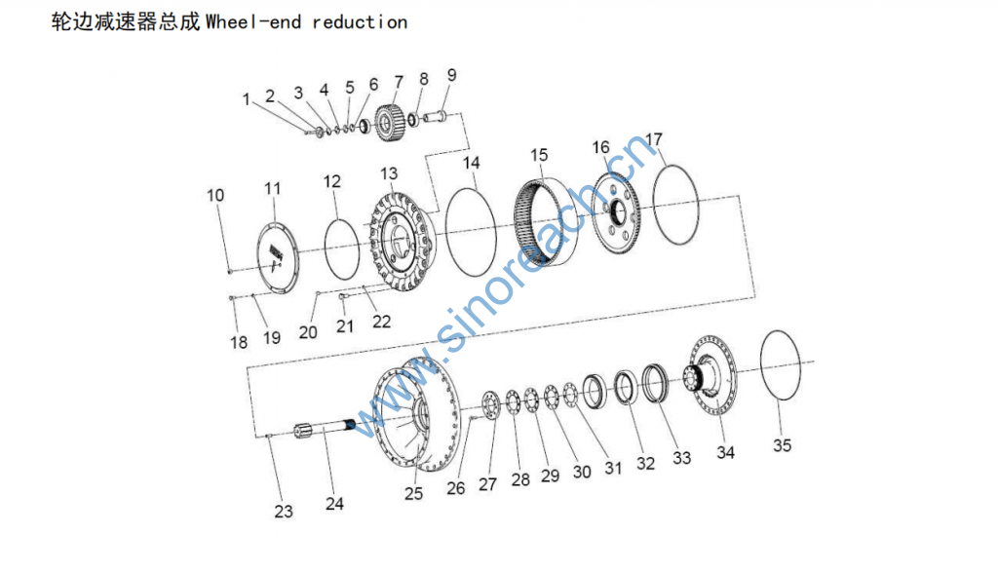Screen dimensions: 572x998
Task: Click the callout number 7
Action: click(x=398, y=81)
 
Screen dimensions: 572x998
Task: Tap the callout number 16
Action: click(x=601, y=147)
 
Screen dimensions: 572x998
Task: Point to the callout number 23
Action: click(x=283, y=512)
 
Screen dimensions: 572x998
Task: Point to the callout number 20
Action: click(x=308, y=332)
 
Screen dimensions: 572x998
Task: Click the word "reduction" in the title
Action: click(x=359, y=21)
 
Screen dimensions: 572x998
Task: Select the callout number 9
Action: click(x=451, y=75)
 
